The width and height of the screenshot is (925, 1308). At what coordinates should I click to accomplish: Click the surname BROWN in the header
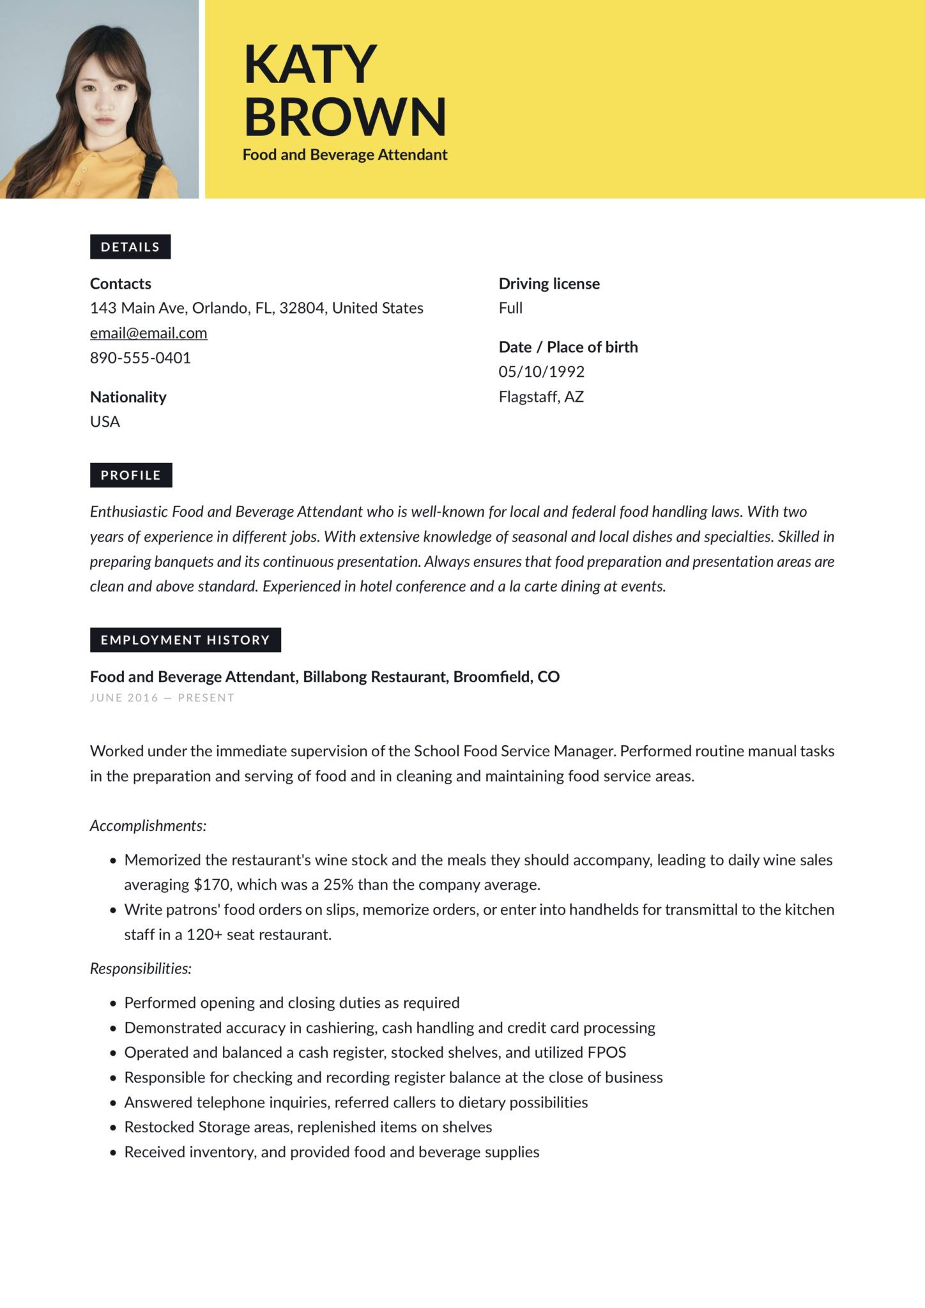pos(344,116)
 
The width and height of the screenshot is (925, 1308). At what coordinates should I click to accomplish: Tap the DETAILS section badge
pos(130,247)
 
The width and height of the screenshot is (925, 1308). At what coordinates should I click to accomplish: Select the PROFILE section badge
pos(131,475)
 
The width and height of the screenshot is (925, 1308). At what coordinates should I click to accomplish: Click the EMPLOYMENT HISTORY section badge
pos(185,640)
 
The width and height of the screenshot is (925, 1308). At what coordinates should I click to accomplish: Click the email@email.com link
pos(148,333)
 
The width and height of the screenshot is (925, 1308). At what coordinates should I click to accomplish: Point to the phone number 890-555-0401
pos(141,358)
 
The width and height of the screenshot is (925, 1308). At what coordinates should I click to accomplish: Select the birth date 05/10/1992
pos(541,372)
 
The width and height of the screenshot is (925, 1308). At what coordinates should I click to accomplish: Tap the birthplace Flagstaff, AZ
pos(541,397)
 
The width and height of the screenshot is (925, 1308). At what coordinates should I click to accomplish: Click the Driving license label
pos(549,284)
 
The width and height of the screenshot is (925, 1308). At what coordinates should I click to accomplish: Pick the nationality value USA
pos(105,422)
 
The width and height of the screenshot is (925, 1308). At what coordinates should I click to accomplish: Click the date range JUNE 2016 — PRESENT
pos(162,697)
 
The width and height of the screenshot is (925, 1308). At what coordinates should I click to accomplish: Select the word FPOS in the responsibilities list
pos(606,1052)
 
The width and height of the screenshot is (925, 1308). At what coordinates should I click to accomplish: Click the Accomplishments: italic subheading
pos(148,826)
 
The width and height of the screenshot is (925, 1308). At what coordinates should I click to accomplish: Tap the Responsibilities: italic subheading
pos(141,968)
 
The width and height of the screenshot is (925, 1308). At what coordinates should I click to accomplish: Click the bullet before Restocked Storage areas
pos(113,1128)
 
